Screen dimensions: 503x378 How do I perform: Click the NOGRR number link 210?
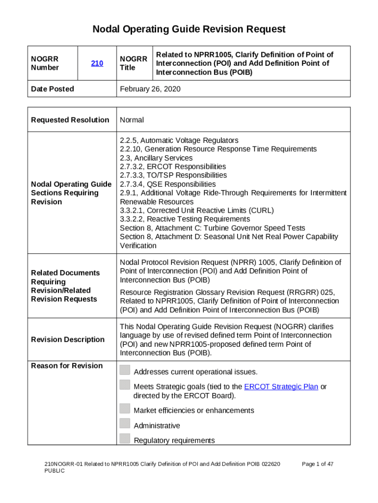tap(97, 63)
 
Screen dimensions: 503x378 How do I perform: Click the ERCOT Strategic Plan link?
tap(281, 387)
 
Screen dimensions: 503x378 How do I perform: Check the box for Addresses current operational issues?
tap(125, 370)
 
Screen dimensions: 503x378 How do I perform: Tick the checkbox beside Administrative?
tap(125, 423)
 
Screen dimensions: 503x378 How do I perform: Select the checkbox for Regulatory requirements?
tap(125, 439)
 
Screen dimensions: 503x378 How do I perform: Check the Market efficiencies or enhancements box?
tap(125, 408)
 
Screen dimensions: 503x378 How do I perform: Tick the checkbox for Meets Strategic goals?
tap(125, 385)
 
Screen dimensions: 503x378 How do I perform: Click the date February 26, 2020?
tap(150, 89)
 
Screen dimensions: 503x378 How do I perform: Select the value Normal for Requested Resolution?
tap(132, 120)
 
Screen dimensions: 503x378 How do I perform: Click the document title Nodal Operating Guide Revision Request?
tap(189, 29)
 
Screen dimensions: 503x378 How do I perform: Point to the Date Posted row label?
tap(53, 89)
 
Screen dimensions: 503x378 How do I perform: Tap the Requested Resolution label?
tap(70, 120)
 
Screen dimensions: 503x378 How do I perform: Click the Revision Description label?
tap(68, 339)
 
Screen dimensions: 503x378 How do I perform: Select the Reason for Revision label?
tap(67, 365)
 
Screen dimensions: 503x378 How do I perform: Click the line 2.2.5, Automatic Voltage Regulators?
tap(179, 140)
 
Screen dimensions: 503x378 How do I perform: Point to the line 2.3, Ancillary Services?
tap(156, 158)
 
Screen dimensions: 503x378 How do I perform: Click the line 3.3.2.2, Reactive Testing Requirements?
tap(185, 219)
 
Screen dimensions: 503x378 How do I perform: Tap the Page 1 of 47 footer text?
tap(318, 464)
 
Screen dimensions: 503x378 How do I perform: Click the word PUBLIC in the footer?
tap(54, 471)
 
